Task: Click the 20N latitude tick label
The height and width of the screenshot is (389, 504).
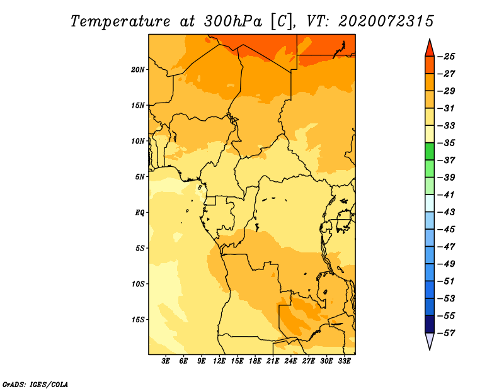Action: [137, 70]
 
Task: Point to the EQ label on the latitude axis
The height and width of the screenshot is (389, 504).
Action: [139, 213]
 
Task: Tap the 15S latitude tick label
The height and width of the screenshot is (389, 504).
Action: [138, 320]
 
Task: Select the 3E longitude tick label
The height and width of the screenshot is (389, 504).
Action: [166, 361]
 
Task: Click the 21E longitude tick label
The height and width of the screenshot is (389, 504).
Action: [273, 361]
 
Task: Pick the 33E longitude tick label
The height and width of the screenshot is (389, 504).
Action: [344, 361]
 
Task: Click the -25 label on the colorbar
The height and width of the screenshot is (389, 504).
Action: [446, 57]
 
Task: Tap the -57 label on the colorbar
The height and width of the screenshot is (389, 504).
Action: [446, 333]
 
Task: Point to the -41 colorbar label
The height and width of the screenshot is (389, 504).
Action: [446, 195]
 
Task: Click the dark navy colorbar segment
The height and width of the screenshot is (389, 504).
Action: [430, 324]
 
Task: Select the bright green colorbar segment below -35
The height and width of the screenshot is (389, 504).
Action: [430, 151]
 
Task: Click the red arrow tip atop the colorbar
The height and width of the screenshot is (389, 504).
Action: [430, 40]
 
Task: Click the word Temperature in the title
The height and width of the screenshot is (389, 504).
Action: [120, 21]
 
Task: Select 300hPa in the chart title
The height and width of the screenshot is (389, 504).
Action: [232, 21]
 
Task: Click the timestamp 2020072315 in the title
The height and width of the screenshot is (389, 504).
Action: [386, 21]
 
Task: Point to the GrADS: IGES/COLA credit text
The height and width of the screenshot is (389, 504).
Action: [35, 385]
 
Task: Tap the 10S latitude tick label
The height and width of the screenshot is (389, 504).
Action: [138, 284]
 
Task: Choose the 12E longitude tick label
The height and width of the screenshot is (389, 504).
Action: [219, 361]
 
